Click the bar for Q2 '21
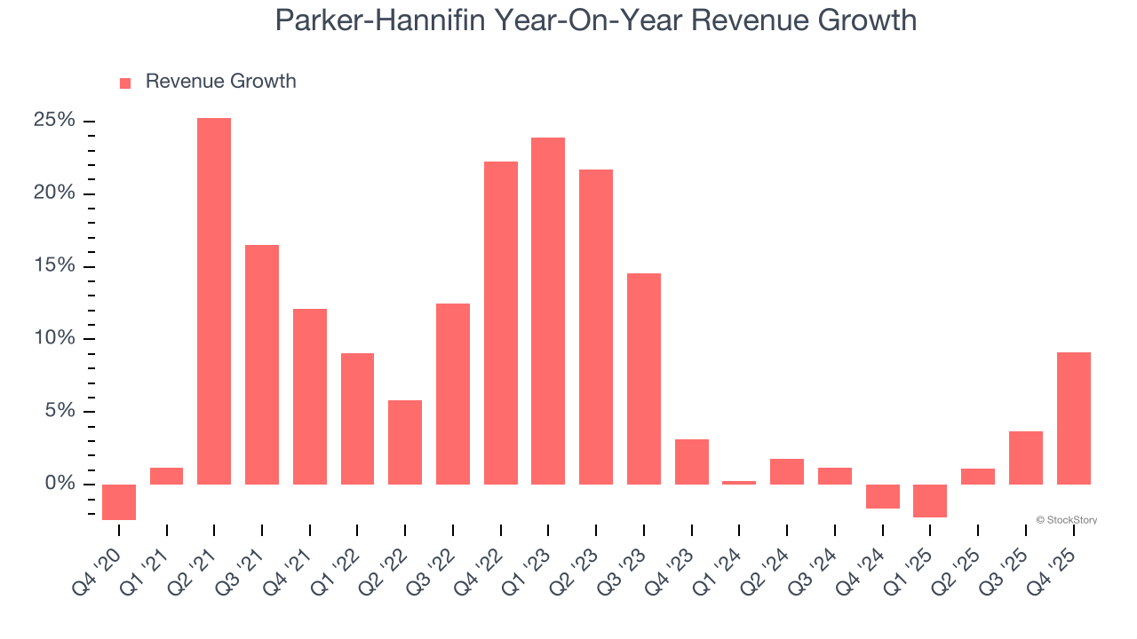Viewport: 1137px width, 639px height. click(x=214, y=301)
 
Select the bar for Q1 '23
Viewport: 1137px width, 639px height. click(x=548, y=311)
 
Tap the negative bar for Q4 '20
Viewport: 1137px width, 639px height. click(x=119, y=501)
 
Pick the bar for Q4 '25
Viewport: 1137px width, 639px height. click(x=1073, y=418)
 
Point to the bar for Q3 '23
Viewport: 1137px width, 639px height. click(x=644, y=378)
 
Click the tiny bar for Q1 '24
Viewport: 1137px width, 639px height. click(x=739, y=483)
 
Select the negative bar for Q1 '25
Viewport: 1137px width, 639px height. click(x=930, y=501)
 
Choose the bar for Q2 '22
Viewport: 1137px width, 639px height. click(x=405, y=442)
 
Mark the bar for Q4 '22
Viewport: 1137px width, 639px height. click(x=501, y=322)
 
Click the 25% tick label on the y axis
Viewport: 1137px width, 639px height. click(x=54, y=121)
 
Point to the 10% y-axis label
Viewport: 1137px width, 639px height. click(x=54, y=338)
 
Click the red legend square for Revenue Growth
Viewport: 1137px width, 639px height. click(x=125, y=83)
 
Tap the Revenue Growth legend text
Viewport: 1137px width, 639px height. click(x=220, y=82)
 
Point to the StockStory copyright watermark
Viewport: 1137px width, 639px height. click(x=1066, y=520)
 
